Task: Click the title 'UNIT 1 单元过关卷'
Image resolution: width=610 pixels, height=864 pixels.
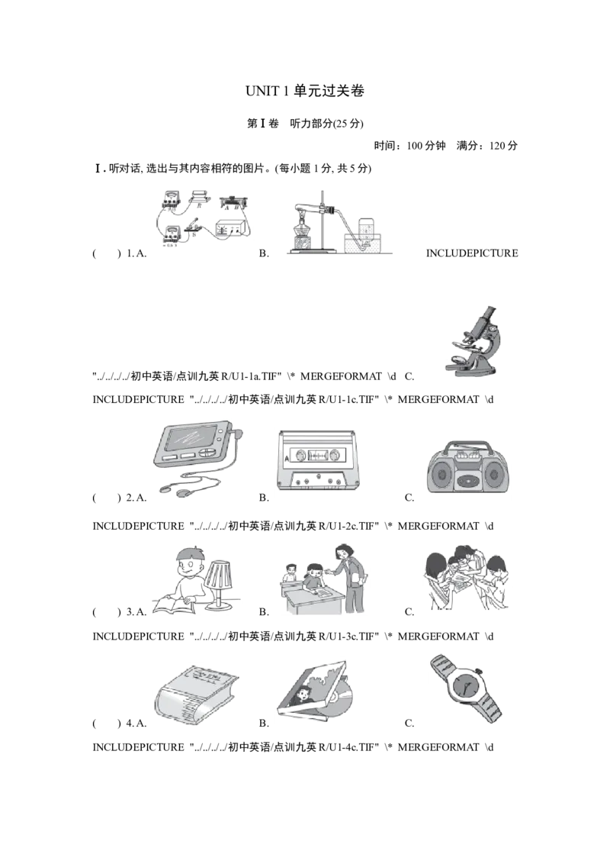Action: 305,91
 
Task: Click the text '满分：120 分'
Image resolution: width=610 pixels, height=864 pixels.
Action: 487,146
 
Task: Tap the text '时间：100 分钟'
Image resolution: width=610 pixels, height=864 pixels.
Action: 409,146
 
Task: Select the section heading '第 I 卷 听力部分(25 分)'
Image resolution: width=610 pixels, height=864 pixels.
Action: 305,124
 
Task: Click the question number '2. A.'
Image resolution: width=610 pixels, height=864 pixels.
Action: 136,498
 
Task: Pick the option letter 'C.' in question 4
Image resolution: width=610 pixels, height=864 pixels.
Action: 409,723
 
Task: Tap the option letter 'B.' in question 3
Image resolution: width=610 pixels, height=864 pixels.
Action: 264,611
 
